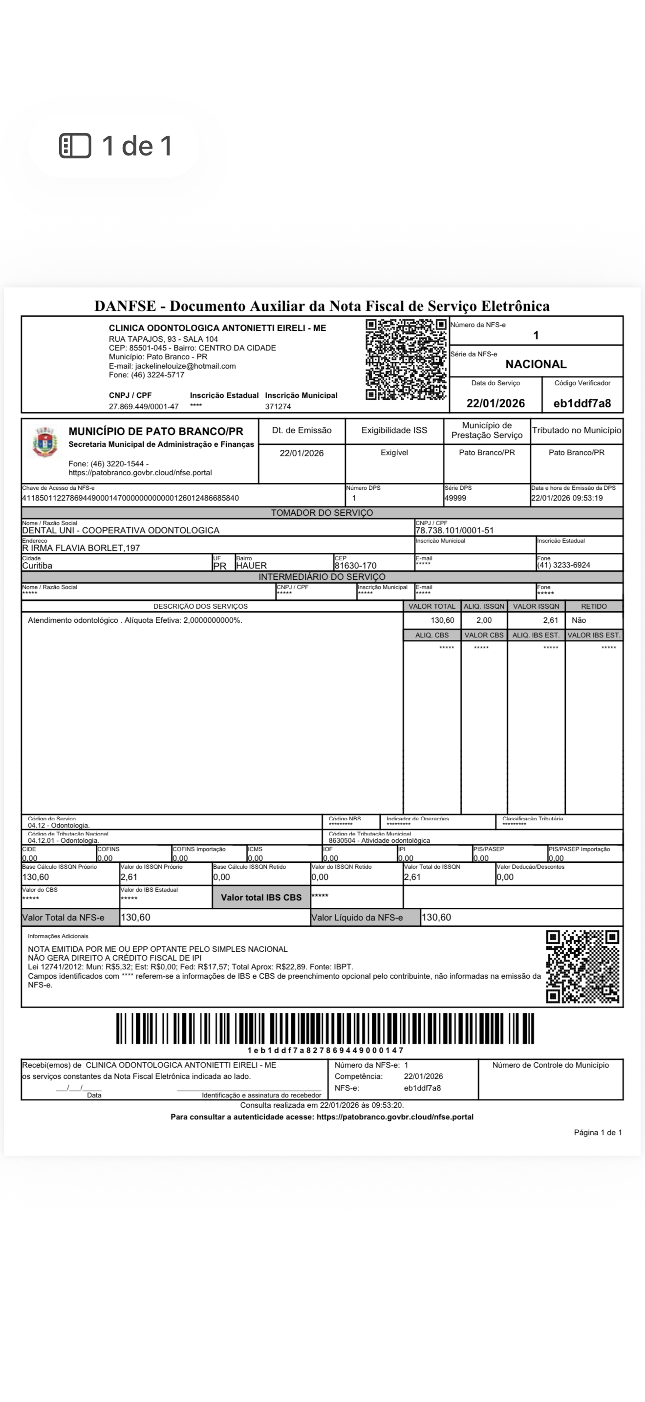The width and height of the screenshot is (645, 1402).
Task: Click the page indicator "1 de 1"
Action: (x=116, y=146)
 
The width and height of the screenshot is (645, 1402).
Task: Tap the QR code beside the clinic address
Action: (x=406, y=360)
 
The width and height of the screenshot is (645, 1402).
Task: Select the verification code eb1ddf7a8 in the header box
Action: (x=582, y=403)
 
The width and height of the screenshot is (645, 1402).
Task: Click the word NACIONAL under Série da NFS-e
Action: (x=536, y=364)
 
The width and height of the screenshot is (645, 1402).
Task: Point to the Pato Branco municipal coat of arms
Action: (x=44, y=442)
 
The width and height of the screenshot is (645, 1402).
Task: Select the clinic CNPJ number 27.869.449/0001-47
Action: (x=144, y=407)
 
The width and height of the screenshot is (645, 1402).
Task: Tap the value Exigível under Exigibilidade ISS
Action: (x=394, y=452)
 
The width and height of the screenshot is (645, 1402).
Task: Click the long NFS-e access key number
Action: (x=130, y=498)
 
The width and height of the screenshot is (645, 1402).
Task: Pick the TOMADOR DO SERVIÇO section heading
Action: (x=322, y=513)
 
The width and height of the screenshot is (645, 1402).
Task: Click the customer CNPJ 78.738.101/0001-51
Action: (x=454, y=530)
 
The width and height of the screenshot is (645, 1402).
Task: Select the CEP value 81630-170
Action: (x=355, y=566)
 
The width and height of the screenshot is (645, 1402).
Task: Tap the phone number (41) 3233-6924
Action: (x=563, y=565)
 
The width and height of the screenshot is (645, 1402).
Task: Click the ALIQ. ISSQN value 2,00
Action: (x=483, y=620)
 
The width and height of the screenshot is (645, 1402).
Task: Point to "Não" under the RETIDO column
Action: (x=579, y=620)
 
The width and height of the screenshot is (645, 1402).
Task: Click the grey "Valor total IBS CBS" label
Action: (x=261, y=898)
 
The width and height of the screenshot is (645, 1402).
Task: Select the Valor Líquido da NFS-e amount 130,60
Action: (x=436, y=917)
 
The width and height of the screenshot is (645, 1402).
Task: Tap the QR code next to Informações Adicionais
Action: (x=582, y=966)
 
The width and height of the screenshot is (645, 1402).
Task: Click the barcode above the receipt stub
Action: (x=324, y=1028)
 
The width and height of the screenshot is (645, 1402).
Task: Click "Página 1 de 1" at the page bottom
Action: (x=598, y=1133)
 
